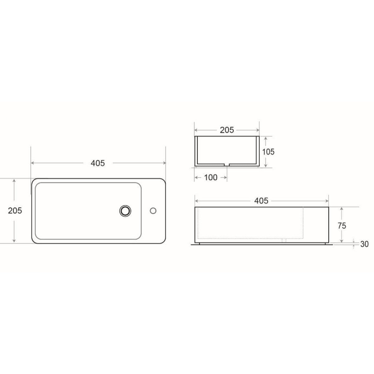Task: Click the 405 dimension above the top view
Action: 98,163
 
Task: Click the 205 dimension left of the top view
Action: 15,211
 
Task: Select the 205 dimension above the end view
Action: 227,130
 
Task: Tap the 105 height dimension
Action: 268,152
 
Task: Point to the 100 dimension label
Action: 211,177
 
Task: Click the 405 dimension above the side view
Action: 261,201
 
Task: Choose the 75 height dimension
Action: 342,226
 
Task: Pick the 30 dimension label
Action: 364,244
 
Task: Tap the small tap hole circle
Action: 153,211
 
